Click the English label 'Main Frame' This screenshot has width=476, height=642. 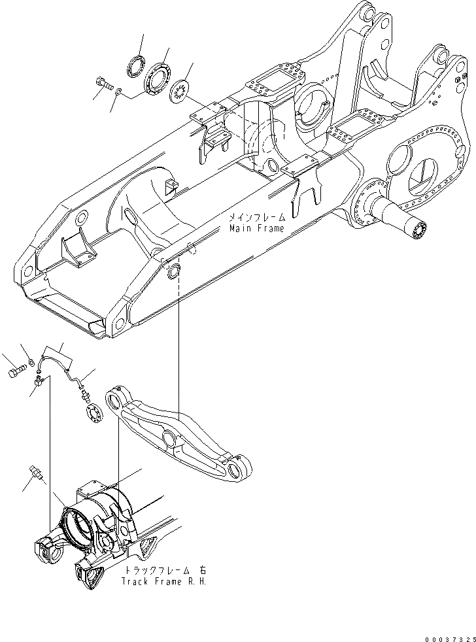[x=256, y=228]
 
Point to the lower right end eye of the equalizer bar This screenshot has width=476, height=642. [x=237, y=469]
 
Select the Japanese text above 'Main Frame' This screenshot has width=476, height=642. [x=256, y=216]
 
